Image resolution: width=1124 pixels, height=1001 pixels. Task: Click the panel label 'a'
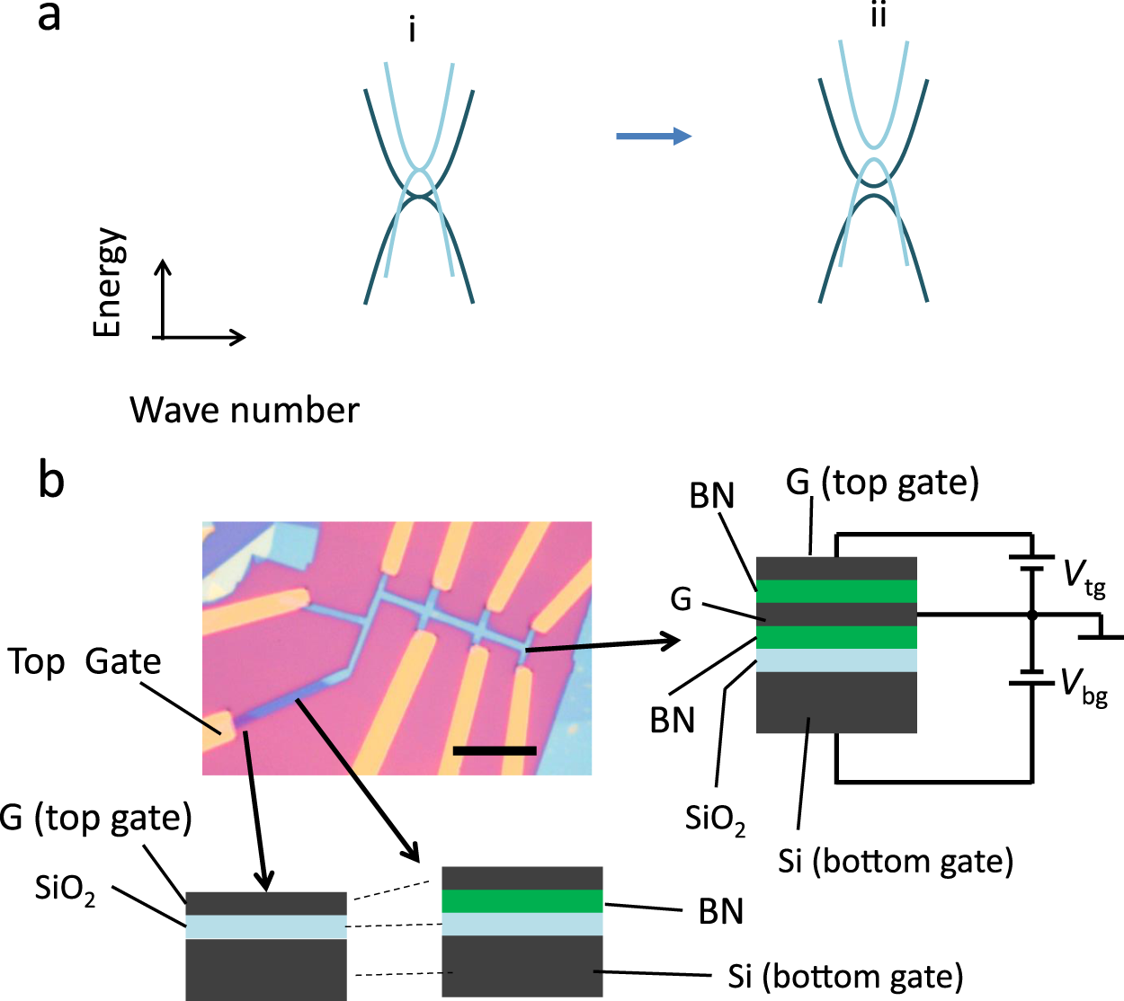(49, 18)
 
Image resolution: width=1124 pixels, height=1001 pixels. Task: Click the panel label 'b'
(51, 481)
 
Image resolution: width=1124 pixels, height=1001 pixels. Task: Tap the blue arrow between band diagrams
(653, 137)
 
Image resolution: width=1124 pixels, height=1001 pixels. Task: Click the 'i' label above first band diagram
(412, 31)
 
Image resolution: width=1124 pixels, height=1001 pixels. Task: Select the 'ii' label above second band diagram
(879, 16)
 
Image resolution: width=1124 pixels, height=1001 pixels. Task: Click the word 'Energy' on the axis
(108, 282)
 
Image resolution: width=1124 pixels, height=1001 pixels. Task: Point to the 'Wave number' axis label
(245, 411)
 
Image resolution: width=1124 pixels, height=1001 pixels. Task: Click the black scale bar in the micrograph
(495, 750)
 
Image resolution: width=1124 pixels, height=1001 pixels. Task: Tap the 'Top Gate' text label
(85, 662)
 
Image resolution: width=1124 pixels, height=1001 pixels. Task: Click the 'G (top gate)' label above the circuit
(882, 483)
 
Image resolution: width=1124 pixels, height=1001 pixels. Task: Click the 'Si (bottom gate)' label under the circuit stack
(896, 861)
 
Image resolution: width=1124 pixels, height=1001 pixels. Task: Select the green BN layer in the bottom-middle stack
(522, 901)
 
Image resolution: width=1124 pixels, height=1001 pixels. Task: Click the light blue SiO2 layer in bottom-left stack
(266, 926)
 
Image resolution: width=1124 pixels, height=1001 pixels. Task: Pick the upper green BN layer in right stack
(836, 591)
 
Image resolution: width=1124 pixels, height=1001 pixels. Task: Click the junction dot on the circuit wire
(1032, 616)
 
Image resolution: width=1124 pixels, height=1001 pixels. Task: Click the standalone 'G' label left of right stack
(682, 599)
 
